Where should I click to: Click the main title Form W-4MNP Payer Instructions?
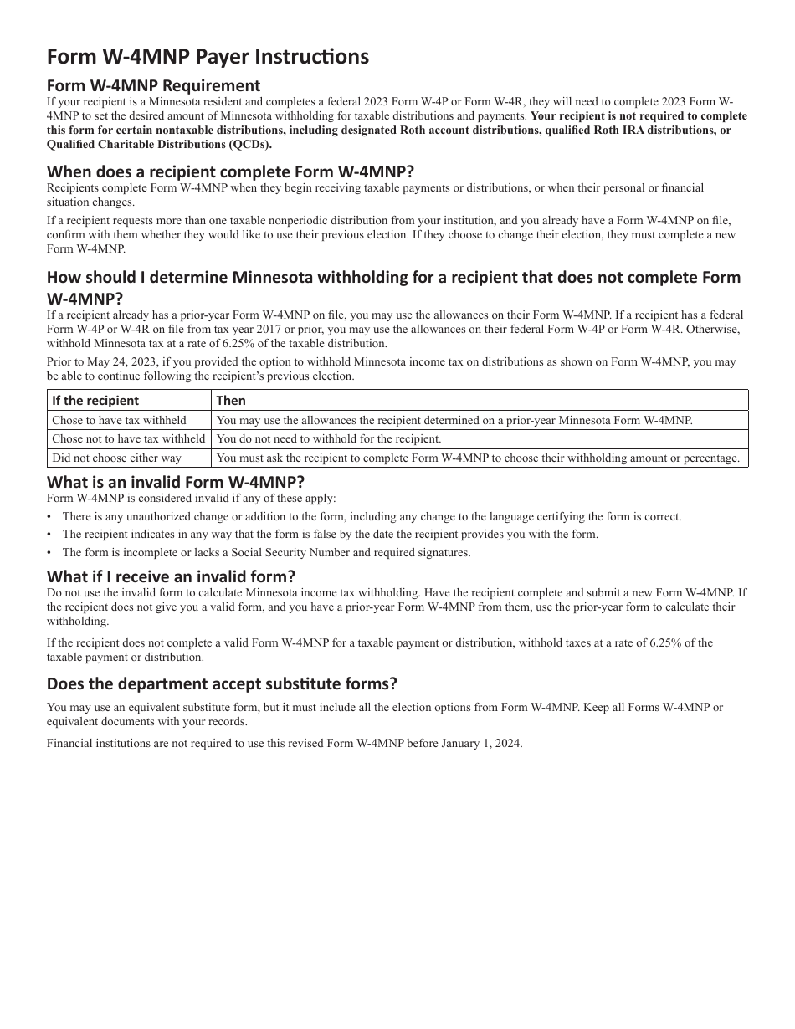click(208, 56)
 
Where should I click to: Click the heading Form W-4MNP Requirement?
click(153, 85)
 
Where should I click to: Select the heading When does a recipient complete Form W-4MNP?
click(230, 171)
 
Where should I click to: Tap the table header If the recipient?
click(95, 400)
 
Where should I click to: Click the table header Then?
click(231, 400)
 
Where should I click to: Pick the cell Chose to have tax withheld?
click(119, 420)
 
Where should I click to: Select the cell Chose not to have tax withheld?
click(128, 438)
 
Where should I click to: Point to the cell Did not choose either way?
click(116, 458)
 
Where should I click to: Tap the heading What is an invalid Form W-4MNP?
click(176, 482)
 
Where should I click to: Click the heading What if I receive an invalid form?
click(171, 576)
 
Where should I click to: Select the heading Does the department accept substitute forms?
click(222, 683)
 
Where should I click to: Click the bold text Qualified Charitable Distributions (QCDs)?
click(159, 144)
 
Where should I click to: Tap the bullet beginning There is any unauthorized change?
click(372, 517)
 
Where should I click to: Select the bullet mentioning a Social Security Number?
click(266, 552)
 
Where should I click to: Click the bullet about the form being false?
click(330, 535)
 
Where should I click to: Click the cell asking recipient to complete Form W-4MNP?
click(478, 458)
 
